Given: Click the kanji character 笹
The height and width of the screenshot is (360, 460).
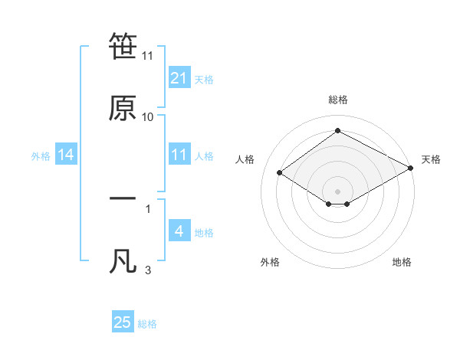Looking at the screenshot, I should (123, 47).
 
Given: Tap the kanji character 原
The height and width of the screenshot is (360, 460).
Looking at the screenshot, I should (123, 108).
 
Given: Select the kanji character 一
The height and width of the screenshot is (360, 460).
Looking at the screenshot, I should (123, 198).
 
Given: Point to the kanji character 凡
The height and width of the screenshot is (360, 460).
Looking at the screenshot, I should (123, 261).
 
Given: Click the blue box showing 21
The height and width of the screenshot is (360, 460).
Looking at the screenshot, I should (179, 78).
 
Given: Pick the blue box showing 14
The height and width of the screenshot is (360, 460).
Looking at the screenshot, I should (66, 155).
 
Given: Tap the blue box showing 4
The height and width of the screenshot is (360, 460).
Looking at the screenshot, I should (179, 231).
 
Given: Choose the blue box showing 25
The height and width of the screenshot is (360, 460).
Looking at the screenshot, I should (123, 322).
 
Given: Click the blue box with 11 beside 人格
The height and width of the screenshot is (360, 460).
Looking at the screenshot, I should (179, 155).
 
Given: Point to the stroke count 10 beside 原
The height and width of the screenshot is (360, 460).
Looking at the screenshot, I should (148, 116).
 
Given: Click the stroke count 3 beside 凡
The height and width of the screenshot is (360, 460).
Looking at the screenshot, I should (148, 270).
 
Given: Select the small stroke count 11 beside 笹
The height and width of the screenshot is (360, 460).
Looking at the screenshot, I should (148, 56).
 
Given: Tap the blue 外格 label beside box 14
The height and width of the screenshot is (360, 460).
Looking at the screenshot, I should (41, 155).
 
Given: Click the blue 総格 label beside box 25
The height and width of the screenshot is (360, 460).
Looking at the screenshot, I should (147, 324).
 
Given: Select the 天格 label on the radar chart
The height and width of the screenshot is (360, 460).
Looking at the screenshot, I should (431, 159).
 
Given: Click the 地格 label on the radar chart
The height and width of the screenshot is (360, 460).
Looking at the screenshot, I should (402, 262).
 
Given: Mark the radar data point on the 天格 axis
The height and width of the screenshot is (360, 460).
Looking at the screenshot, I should (411, 169).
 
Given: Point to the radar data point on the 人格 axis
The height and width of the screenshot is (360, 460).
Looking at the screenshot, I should (280, 173).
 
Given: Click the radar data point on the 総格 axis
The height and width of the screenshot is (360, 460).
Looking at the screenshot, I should (337, 131).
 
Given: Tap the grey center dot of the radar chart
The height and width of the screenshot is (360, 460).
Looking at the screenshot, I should (337, 191).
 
